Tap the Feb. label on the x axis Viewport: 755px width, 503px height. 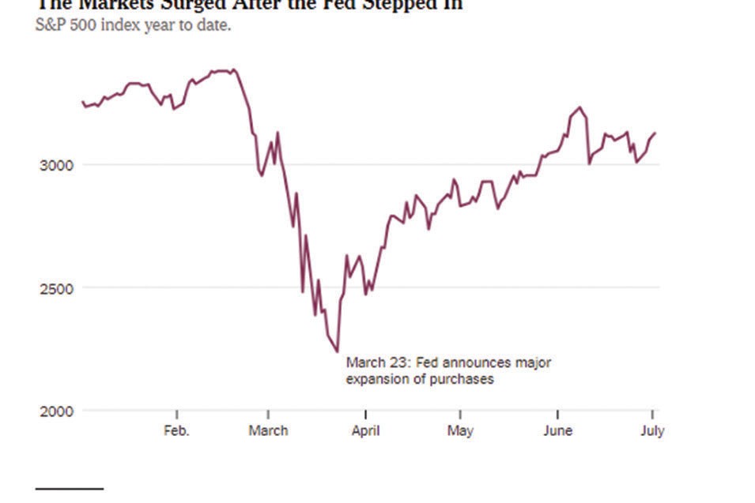[x=177, y=431]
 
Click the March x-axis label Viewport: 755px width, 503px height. [x=268, y=431]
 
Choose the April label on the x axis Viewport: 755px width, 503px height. [x=365, y=431]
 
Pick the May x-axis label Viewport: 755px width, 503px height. [x=460, y=431]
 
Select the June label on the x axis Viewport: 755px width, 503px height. [x=558, y=431]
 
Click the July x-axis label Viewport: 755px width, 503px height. [x=652, y=431]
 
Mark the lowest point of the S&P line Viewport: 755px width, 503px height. [x=338, y=351]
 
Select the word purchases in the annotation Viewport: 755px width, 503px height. [x=465, y=379]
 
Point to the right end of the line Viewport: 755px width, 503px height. [x=655, y=133]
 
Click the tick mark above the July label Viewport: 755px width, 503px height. [x=652, y=415]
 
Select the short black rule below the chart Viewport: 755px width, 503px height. [x=70, y=490]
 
